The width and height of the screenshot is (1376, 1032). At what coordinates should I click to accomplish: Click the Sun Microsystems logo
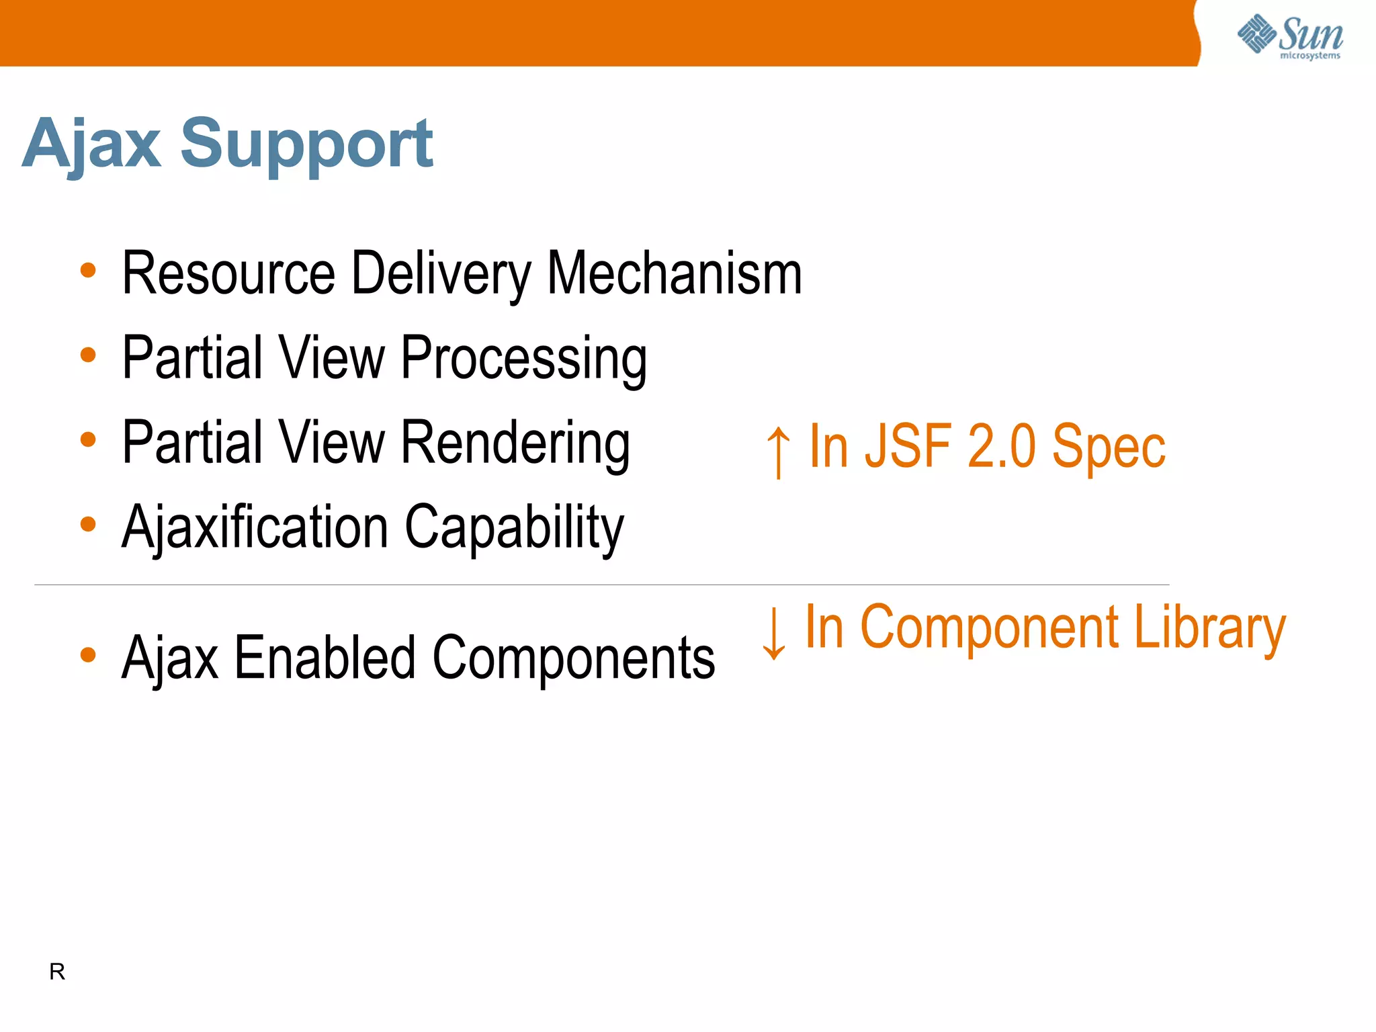coord(1290,36)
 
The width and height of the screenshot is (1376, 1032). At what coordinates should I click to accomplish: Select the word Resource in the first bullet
coord(228,273)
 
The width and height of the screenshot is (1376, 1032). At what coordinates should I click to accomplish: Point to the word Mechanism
coord(675,273)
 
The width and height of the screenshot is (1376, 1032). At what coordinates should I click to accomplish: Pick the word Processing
coord(524,359)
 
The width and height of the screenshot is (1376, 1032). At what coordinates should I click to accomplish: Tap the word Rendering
coord(515,443)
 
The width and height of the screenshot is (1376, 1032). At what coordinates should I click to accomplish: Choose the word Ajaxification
coord(255,528)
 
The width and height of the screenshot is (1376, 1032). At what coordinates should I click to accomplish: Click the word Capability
coord(514,528)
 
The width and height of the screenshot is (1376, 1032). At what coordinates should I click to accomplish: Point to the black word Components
coord(574,658)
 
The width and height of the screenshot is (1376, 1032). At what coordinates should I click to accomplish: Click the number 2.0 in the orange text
coord(1002,446)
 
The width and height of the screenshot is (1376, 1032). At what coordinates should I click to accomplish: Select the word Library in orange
coord(1209,629)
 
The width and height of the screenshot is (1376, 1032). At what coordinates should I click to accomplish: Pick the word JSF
coord(908,446)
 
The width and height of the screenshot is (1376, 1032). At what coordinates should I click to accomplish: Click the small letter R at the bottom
coord(57,972)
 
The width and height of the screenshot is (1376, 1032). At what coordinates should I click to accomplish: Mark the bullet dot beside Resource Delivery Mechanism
coord(88,271)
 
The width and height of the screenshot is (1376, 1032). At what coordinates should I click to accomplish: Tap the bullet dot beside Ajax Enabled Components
coord(88,654)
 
